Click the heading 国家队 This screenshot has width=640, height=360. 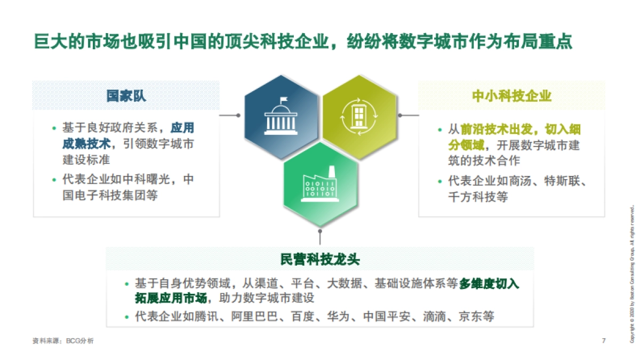pos(126,96)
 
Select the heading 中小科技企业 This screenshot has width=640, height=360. pos(511,96)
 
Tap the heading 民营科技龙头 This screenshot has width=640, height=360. pos(320,260)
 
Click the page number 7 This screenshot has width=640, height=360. pos(603,341)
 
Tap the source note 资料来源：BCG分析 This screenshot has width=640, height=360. pos(63,341)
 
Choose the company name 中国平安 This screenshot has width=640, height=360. pos(386,317)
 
